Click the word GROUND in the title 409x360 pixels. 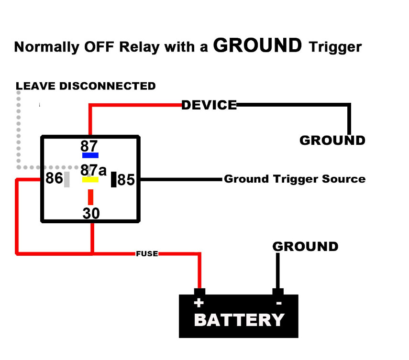257,45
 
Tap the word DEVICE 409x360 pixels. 209,105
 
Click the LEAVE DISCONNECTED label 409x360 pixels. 86,86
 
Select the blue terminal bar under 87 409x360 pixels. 90,155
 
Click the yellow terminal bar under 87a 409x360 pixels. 90,180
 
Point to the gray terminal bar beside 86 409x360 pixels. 67,179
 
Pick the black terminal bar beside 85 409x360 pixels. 114,179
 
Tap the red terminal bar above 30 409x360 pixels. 90,197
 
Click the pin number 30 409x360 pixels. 91,213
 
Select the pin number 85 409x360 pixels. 126,180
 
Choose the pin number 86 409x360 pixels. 54,179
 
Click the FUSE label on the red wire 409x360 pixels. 147,254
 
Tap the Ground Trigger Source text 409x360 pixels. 295,179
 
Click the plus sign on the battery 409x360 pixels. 199,303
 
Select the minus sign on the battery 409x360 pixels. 279,303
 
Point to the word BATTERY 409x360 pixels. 239,320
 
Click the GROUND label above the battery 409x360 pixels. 305,247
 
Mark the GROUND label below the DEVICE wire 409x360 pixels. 332,141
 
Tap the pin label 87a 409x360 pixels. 93,170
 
